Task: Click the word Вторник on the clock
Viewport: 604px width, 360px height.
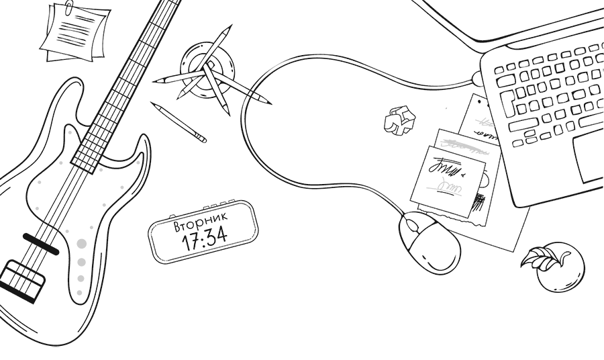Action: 201,220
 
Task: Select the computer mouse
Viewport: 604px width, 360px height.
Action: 430,242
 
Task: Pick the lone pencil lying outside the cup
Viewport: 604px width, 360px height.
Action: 179,122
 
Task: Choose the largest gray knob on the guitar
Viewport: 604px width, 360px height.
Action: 82,243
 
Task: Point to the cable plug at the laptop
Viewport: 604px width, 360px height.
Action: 476,79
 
